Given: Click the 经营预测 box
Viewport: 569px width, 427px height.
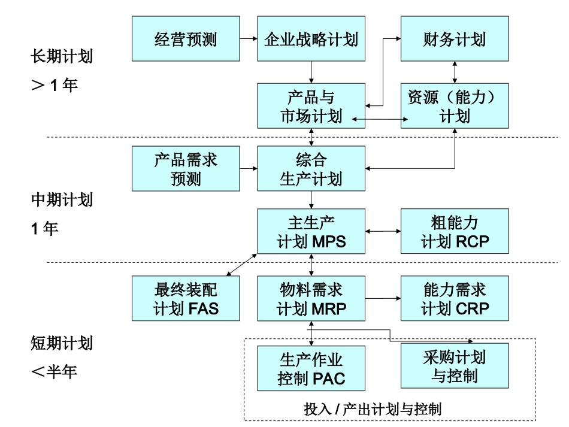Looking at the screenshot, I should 185,39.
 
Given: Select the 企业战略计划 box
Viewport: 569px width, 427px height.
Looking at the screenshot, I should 311,39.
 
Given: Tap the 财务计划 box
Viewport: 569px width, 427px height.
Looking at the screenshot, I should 455,39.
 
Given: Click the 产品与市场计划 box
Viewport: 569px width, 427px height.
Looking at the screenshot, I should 311,105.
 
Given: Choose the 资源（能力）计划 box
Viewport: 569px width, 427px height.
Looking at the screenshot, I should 455,105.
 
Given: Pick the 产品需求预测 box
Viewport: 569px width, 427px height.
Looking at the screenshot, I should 185,169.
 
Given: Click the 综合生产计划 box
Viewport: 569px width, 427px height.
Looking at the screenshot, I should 311,169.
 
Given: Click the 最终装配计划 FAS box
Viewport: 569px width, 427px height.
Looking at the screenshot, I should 185,298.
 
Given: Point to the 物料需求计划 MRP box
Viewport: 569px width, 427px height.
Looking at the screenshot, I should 311,298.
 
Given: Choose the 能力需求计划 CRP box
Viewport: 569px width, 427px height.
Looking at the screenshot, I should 455,298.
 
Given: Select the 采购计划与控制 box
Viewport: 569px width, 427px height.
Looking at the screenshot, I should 455,365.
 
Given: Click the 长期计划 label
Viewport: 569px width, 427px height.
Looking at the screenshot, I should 62,59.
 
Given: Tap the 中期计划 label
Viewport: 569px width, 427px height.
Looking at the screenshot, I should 62,200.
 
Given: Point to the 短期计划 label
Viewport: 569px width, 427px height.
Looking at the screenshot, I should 62,343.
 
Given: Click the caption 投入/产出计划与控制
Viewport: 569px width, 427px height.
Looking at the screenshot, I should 373,410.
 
